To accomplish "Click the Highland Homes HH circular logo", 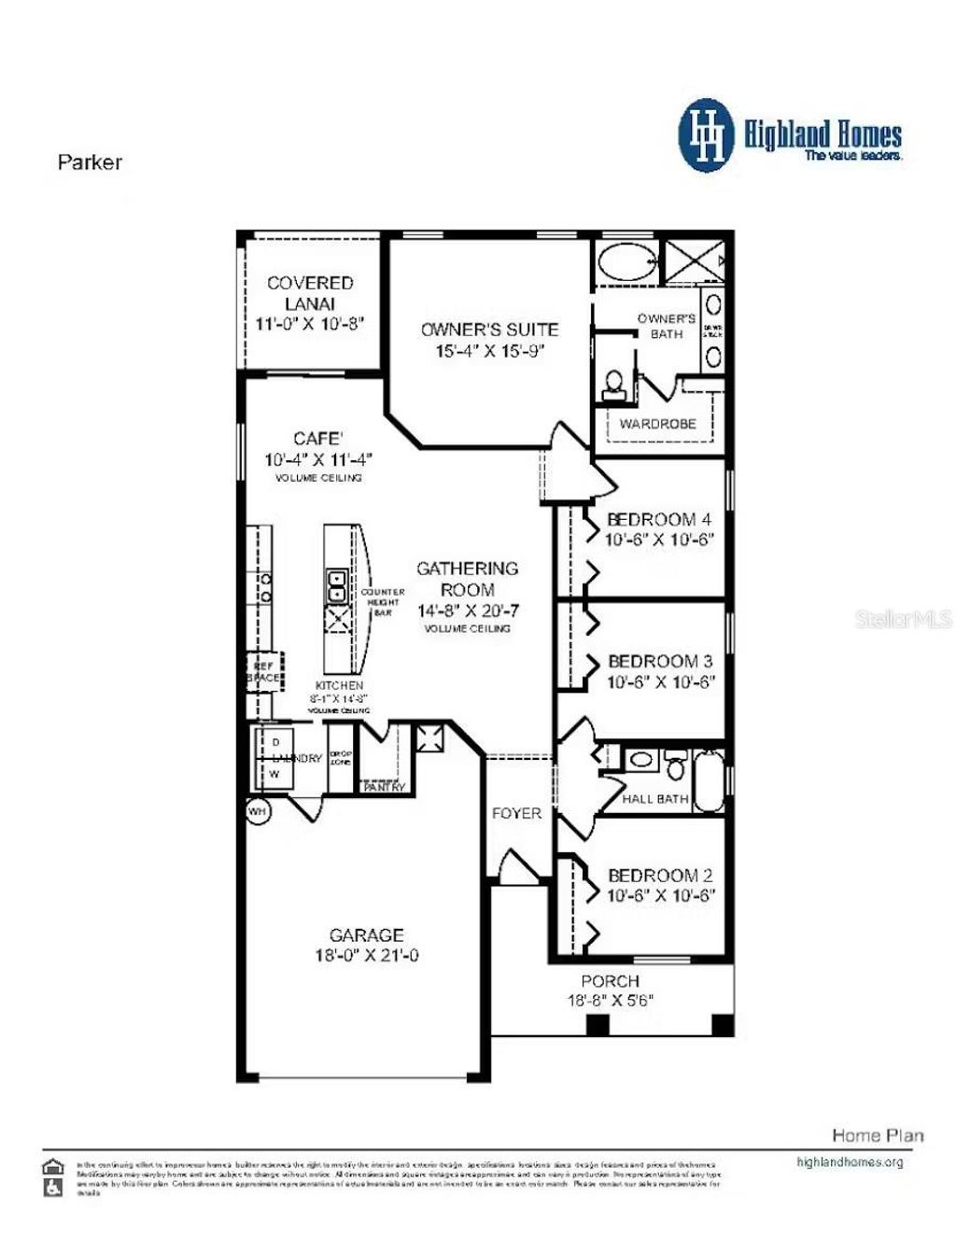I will coord(708,136).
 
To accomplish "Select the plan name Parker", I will coord(90,162).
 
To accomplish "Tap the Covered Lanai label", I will coord(310,292).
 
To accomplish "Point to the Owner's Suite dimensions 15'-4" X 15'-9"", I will coord(489,351).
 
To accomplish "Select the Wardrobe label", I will coord(657,424).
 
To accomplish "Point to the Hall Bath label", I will coord(655,799).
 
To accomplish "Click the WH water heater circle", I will coord(258,812).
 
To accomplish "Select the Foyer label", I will coord(516,813).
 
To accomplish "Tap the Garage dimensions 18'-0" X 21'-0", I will coord(366,956).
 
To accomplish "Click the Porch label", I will coord(610,981).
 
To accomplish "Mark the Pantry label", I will coord(384,787).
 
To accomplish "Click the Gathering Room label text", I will coord(467,579).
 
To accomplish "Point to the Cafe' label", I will coord(317,439).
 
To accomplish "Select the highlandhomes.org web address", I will coord(850,1162).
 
